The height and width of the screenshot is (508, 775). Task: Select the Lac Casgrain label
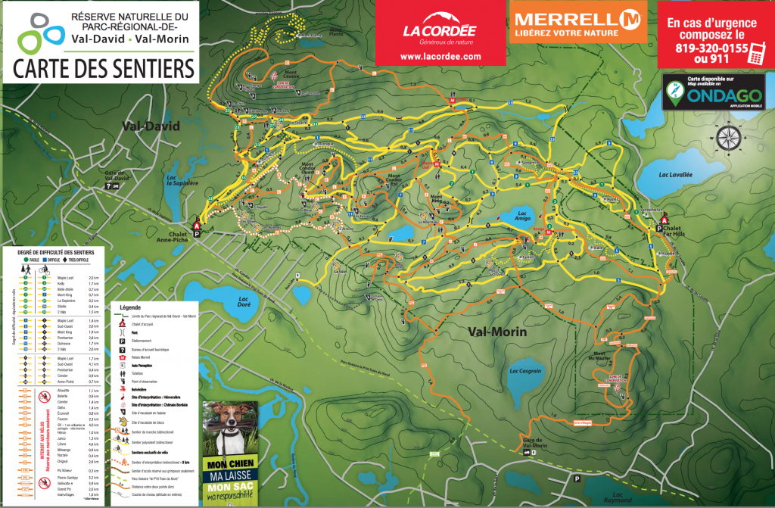[525, 371]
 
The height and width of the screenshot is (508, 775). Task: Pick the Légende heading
[131, 309]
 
